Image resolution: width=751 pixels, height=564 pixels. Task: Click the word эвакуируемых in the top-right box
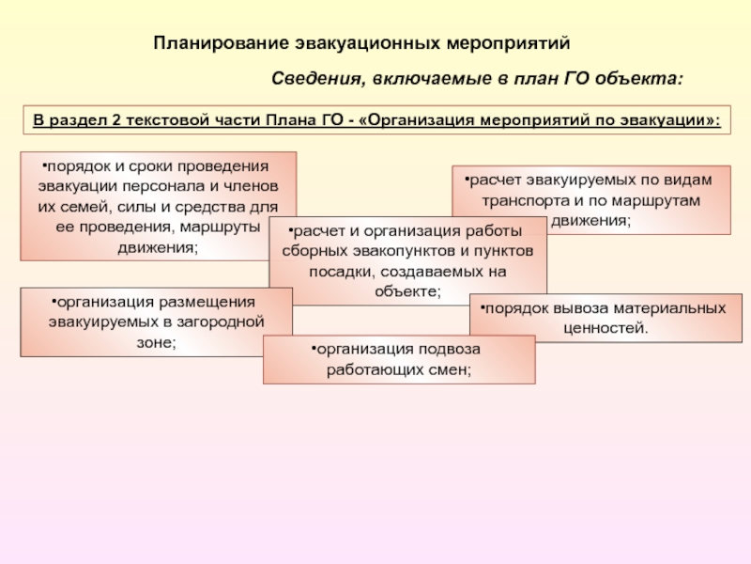pyautogui.click(x=579, y=179)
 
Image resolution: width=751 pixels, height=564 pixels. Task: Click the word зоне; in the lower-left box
pyautogui.click(x=157, y=342)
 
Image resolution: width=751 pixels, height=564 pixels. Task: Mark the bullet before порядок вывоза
pyautogui.click(x=476, y=307)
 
